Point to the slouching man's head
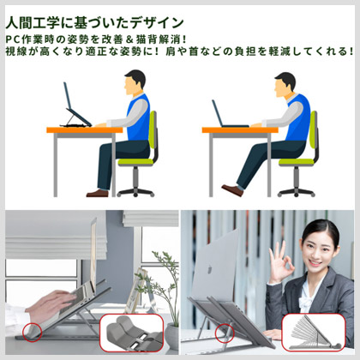285,85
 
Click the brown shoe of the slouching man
232,190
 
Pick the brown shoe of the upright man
98,194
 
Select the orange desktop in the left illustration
85,130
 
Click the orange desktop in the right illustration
240,130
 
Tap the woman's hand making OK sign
280,263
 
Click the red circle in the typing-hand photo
32,333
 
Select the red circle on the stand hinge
225,333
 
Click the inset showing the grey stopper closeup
131,333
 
